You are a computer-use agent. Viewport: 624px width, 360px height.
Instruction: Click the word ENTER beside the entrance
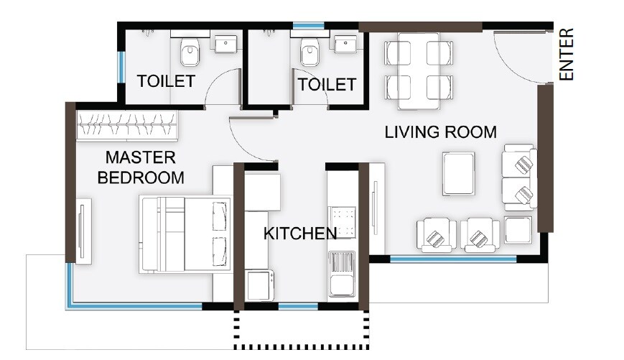point(567,54)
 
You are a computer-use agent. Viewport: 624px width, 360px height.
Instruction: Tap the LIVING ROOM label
point(440,132)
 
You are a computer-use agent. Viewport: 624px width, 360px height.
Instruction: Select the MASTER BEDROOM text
point(140,167)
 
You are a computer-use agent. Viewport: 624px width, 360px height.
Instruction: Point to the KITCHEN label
point(299,234)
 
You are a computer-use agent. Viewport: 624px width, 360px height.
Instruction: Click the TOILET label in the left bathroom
point(165,81)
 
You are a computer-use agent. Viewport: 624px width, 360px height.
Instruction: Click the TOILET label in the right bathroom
point(327,85)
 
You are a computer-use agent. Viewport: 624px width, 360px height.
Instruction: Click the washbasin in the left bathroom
point(226,43)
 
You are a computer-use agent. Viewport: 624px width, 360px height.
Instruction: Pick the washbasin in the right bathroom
point(345,43)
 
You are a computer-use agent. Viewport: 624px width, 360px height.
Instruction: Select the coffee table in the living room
point(458,173)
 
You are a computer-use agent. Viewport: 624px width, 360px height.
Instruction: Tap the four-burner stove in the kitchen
point(343,221)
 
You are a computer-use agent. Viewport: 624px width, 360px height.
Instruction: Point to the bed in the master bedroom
point(185,234)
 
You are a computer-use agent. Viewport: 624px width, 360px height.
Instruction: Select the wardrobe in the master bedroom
point(128,126)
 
